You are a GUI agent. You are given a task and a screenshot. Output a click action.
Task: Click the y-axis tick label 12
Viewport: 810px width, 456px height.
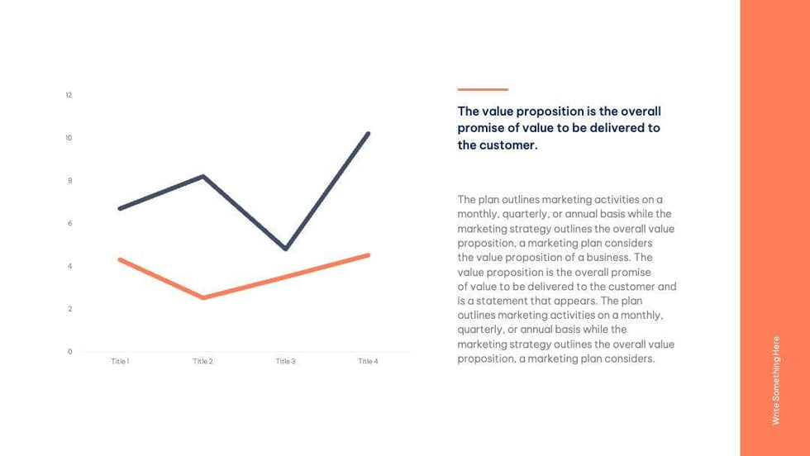tap(69, 95)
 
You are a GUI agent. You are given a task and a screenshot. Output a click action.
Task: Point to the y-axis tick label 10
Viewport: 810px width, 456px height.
tap(69, 138)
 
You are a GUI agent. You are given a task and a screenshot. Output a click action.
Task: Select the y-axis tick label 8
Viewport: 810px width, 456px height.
tap(69, 181)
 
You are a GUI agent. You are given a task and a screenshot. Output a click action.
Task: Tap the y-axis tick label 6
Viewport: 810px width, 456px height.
tap(69, 224)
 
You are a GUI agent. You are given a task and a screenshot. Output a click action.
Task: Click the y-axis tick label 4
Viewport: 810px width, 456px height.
tap(69, 266)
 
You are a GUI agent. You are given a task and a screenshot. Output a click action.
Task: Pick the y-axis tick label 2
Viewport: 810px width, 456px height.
tap(69, 309)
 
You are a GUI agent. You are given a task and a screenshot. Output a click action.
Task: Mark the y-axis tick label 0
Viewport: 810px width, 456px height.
tap(69, 352)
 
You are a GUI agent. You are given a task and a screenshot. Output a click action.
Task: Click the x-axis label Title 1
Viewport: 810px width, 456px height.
tap(120, 362)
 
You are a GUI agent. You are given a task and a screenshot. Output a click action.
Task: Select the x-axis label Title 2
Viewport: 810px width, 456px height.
tap(202, 362)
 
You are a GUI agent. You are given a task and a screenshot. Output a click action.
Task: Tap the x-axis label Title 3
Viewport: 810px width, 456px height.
tap(285, 362)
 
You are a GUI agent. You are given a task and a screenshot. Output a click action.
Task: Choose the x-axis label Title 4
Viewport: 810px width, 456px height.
tap(368, 362)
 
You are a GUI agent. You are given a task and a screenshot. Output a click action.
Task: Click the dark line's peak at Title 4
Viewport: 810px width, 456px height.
tap(368, 133)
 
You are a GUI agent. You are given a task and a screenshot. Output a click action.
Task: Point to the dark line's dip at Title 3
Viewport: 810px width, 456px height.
tap(285, 249)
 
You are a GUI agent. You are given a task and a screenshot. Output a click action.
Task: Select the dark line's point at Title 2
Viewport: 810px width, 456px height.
tap(202, 176)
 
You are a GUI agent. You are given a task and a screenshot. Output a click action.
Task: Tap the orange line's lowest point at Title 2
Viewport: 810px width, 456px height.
tap(202, 297)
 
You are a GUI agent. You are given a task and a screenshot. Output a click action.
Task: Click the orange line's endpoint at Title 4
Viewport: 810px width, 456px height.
tap(368, 255)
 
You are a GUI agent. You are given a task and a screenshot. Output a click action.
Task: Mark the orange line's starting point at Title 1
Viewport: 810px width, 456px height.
tap(120, 259)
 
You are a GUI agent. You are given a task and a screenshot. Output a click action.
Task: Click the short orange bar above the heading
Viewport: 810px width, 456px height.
tap(483, 89)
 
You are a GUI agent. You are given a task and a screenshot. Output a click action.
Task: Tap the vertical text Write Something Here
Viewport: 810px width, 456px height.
tap(775, 380)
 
